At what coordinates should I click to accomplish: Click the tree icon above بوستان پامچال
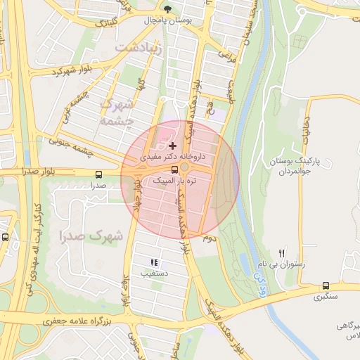167,9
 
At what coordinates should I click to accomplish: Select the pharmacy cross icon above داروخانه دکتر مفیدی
173,146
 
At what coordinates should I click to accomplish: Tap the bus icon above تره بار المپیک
174,169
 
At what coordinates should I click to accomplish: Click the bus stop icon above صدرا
98,174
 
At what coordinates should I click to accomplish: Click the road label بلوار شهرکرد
73,71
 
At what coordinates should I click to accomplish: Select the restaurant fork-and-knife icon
282,253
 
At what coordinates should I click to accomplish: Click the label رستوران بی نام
282,265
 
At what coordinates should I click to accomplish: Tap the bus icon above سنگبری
325,285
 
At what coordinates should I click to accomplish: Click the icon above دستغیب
154,262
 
